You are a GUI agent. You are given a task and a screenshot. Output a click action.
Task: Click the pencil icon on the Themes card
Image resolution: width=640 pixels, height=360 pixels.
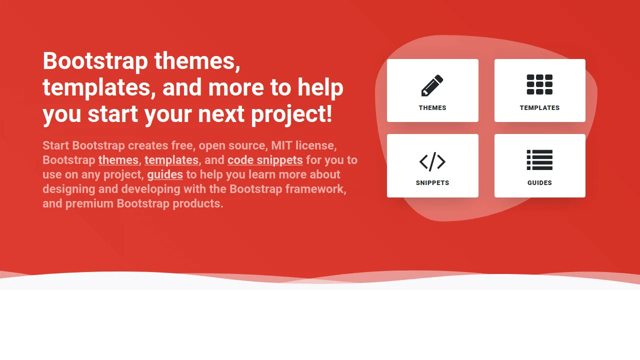pyautogui.click(x=432, y=85)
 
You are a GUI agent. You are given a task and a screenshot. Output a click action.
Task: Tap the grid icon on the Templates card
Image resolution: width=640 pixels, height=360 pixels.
pyautogui.click(x=539, y=84)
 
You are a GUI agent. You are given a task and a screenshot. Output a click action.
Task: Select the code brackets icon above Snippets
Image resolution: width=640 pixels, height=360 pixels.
pyautogui.click(x=432, y=161)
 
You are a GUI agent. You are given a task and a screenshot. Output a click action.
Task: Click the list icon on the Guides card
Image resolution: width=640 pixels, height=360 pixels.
pyautogui.click(x=539, y=160)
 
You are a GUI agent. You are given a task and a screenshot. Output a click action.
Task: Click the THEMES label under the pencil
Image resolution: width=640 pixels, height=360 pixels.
pyautogui.click(x=432, y=108)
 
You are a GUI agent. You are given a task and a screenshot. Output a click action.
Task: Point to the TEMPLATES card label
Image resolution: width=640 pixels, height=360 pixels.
pyautogui.click(x=539, y=108)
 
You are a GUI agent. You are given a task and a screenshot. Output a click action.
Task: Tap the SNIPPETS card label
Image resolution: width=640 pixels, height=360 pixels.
pyautogui.click(x=432, y=183)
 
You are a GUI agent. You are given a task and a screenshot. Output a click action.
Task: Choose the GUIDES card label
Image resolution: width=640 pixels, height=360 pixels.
pyautogui.click(x=539, y=183)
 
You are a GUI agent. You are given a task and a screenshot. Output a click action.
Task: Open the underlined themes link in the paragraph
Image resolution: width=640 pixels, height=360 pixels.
pyautogui.click(x=118, y=160)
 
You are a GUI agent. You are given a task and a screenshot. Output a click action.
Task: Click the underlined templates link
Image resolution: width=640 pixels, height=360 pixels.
pyautogui.click(x=171, y=160)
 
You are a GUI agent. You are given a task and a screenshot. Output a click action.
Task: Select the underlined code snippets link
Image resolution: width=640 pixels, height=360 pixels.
pyautogui.click(x=265, y=160)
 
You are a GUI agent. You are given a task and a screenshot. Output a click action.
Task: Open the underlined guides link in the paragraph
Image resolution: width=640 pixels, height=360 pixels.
pyautogui.click(x=165, y=174)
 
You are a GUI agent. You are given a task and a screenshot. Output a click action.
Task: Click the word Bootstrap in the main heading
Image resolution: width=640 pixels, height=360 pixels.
pyautogui.click(x=95, y=61)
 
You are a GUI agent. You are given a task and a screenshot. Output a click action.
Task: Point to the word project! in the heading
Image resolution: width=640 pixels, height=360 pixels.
pyautogui.click(x=291, y=114)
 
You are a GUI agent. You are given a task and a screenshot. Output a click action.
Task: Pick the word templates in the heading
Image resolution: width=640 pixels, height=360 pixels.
pyautogui.click(x=95, y=87)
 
